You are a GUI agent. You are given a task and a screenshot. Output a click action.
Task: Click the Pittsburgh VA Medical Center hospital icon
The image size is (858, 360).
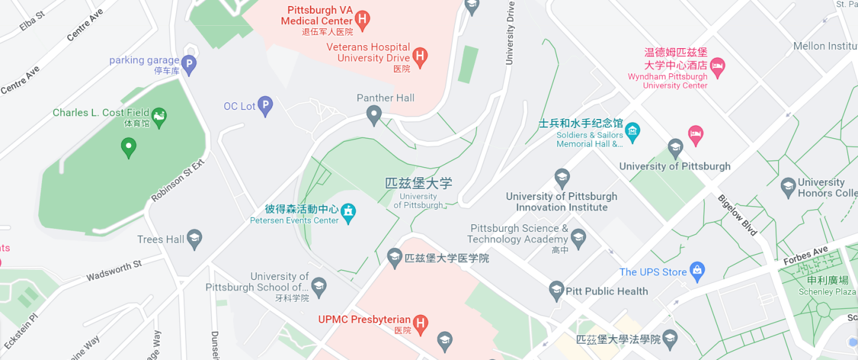[362, 20]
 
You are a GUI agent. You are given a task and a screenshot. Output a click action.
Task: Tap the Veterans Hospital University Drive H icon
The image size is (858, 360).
[421, 56]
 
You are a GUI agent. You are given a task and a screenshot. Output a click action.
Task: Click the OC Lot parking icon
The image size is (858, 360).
[265, 106]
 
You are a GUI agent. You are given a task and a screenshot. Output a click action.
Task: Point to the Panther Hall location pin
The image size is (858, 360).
[374, 114]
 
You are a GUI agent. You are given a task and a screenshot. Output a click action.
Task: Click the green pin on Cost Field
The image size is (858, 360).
[128, 146]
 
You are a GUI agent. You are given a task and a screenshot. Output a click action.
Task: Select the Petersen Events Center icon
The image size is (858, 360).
[348, 212]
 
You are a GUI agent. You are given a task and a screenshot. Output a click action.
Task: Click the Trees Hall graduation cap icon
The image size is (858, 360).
[194, 239]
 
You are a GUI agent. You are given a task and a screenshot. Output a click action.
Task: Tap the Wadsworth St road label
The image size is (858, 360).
[114, 271]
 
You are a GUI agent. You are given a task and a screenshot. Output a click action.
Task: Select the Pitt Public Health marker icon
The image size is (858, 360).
[556, 291]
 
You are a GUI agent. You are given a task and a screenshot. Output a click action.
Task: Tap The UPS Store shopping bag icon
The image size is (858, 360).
[697, 271]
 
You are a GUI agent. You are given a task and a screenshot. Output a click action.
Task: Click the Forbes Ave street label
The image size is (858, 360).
[806, 256]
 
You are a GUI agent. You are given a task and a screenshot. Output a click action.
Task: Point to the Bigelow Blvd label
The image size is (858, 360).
[738, 214]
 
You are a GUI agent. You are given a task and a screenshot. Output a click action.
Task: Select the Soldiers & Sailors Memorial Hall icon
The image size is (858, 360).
[632, 129]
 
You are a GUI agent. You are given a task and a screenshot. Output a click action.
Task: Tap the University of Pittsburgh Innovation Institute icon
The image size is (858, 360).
[562, 177]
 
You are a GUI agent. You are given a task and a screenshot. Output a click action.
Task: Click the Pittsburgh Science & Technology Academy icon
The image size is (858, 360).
[578, 237]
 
